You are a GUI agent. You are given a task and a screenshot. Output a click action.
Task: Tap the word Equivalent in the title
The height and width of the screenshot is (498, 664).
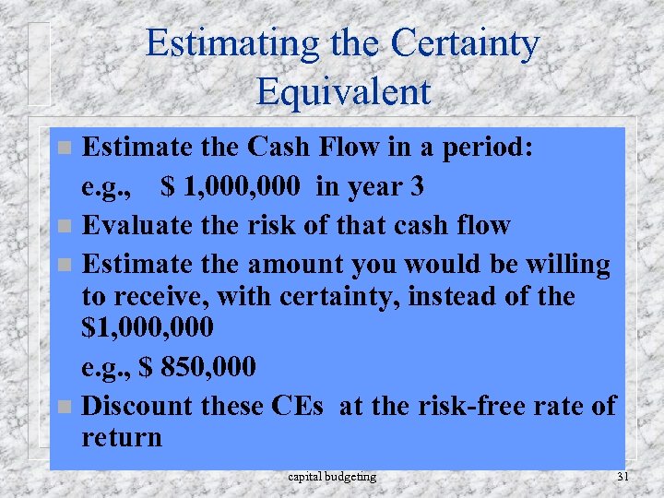343,90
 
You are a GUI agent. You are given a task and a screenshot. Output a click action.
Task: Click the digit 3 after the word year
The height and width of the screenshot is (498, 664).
417,186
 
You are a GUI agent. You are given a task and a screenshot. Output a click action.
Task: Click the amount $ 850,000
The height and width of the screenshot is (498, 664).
196,367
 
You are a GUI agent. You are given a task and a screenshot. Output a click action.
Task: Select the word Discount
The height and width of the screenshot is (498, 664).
141,406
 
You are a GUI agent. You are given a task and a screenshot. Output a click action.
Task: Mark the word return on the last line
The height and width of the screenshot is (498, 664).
121,436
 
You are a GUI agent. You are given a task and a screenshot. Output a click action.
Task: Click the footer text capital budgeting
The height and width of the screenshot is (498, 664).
332,477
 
